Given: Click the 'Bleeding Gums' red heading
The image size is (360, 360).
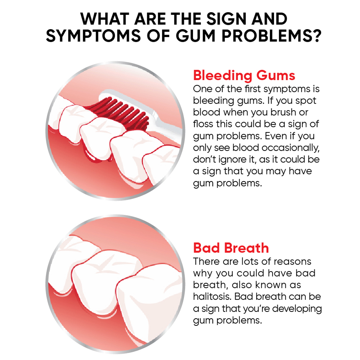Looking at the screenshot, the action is (x=244, y=76).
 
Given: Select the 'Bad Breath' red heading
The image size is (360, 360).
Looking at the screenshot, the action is (x=231, y=248).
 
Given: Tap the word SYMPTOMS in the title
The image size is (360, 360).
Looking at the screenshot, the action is (x=94, y=36).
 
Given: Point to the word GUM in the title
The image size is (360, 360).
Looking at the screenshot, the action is (x=195, y=36).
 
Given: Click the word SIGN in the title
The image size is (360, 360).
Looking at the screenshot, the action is (x=226, y=19).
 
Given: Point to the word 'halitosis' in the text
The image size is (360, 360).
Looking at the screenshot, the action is (x=212, y=296).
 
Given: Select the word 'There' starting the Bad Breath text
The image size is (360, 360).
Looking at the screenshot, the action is (x=206, y=261).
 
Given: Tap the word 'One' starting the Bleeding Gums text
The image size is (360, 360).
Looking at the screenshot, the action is (x=202, y=89).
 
